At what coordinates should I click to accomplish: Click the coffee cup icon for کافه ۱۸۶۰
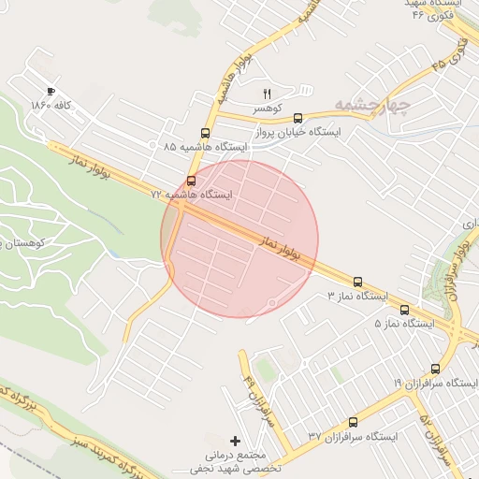click(51, 91)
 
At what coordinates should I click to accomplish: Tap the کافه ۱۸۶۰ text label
click(51, 105)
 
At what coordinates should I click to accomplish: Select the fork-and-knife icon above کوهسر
click(267, 94)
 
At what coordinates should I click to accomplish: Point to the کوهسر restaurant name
click(267, 109)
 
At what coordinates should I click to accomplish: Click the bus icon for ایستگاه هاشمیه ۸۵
click(205, 133)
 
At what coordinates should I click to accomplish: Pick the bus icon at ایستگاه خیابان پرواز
click(298, 118)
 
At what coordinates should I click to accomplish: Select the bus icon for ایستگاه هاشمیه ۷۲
click(192, 180)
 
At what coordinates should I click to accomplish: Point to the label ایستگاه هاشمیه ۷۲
click(192, 195)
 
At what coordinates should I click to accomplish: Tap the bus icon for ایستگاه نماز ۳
click(357, 281)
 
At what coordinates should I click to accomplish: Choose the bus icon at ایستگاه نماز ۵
click(404, 309)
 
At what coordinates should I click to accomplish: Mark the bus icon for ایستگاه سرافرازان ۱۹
click(435, 369)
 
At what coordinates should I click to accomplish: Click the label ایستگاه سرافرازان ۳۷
click(353, 437)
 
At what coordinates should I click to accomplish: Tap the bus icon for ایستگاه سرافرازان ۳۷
click(353, 423)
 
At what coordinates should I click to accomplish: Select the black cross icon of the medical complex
click(234, 440)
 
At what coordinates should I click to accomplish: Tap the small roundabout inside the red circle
click(272, 302)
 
